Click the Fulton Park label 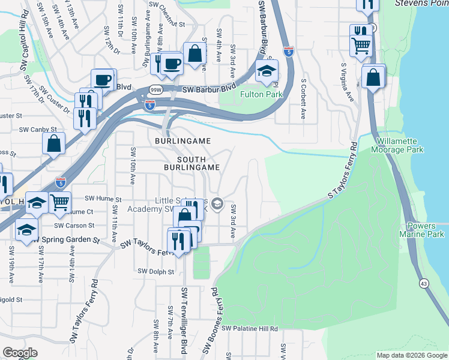[x=261, y=94]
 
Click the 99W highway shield [x=155, y=89]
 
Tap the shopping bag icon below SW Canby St [x=54, y=144]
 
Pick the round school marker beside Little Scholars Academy [x=217, y=205]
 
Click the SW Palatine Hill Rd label [x=250, y=329]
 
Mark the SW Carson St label [x=74, y=226]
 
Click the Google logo [x=20, y=353]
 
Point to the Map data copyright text [x=411, y=355]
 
